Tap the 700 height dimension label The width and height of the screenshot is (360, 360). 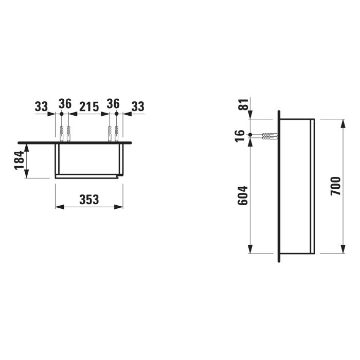(x=335, y=186)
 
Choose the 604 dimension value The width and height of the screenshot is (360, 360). (x=243, y=195)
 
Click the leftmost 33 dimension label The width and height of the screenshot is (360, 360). (x=41, y=106)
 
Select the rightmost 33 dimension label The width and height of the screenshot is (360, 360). (x=137, y=106)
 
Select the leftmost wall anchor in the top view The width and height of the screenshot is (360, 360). (x=61, y=134)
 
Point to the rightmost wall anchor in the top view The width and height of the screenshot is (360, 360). (x=117, y=134)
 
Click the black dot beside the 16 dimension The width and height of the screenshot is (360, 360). (x=250, y=136)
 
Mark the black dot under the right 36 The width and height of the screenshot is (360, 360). (x=117, y=113)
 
